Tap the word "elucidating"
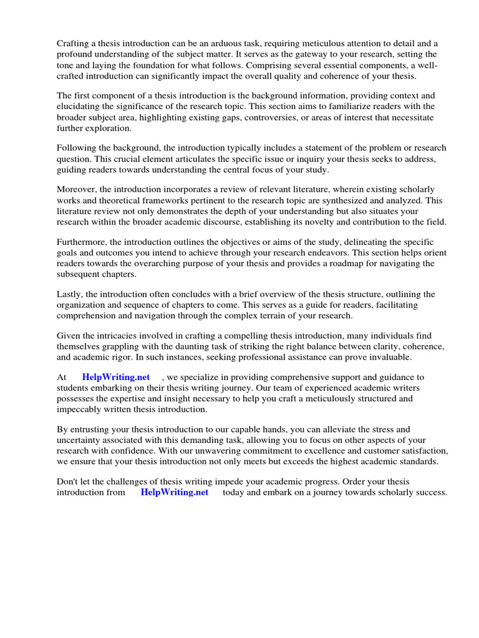click(x=80, y=107)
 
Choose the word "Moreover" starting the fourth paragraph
click(x=77, y=189)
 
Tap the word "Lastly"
click(x=70, y=293)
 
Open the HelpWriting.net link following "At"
click(x=116, y=377)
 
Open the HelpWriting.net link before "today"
click(x=175, y=492)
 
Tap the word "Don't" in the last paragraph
click(x=69, y=482)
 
